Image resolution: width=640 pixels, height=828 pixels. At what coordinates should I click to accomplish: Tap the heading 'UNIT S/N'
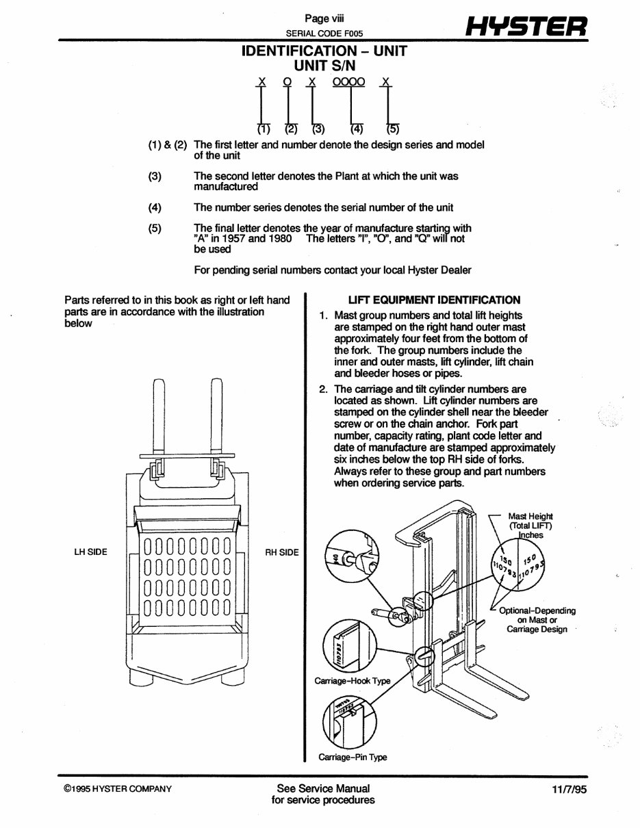tap(324, 66)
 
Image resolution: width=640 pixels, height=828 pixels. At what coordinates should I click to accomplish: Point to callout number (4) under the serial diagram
tap(357, 129)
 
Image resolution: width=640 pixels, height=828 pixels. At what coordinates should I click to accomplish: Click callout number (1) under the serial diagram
tap(264, 129)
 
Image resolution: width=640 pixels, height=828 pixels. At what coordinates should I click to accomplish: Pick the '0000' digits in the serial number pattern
tap(348, 82)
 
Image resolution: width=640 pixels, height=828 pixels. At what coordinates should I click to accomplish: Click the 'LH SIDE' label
tap(92, 552)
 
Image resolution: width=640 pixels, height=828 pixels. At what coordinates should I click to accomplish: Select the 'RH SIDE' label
tap(282, 552)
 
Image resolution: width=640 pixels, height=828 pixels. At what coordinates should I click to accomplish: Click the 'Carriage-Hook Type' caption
tap(352, 681)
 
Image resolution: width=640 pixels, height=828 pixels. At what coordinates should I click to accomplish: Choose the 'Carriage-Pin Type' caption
tap(353, 758)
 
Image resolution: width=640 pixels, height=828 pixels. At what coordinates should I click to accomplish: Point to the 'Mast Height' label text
tap(530, 516)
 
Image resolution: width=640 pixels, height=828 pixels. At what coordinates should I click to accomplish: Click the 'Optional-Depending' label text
tap(537, 610)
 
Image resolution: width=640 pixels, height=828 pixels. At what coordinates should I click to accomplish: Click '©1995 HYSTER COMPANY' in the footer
tap(118, 789)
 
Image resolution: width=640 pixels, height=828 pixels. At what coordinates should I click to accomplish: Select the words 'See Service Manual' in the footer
tap(323, 788)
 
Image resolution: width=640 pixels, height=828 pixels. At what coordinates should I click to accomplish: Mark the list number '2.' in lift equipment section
tap(324, 390)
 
